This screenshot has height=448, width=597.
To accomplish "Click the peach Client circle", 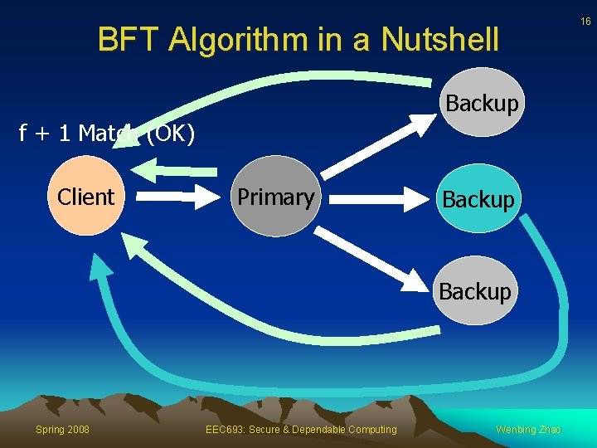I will pyautogui.click(x=85, y=197).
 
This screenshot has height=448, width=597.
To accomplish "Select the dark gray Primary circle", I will pyautogui.click(x=274, y=197).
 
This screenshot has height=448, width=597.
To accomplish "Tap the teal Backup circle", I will pyautogui.click(x=478, y=199).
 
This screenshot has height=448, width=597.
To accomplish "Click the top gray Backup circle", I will pyautogui.click(x=481, y=103).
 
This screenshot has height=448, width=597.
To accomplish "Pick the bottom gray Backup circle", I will pyautogui.click(x=475, y=291).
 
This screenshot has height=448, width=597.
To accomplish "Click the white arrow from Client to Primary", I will pyautogui.click(x=175, y=197).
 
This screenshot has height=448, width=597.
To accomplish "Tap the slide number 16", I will pyautogui.click(x=585, y=22).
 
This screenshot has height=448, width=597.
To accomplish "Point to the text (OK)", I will pyautogui.click(x=171, y=134).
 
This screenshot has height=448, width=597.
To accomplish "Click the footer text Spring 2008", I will pyautogui.click(x=62, y=429).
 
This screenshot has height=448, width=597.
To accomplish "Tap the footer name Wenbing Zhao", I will pyautogui.click(x=528, y=429).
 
